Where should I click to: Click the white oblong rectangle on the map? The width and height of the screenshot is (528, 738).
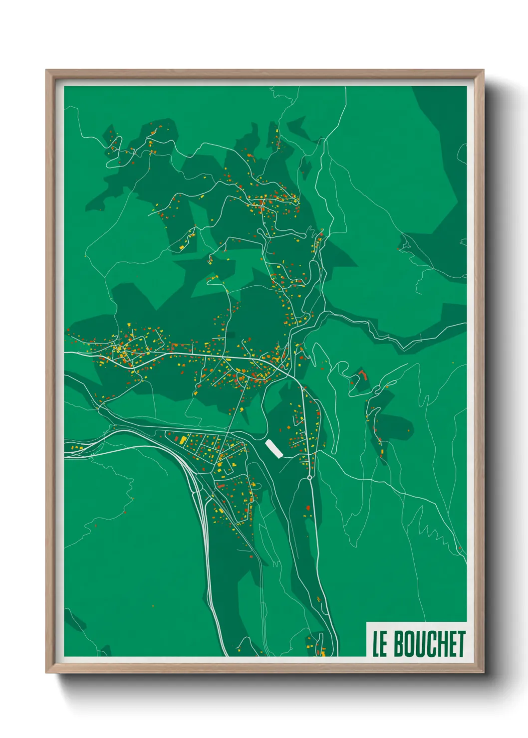(274, 448)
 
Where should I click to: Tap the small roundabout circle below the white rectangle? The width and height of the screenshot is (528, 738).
(309, 478)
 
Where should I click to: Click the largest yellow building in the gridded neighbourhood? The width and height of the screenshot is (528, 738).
(183, 439)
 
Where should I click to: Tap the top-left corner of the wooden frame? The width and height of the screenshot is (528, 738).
(47, 71)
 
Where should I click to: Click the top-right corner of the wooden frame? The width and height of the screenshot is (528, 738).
(483, 71)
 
